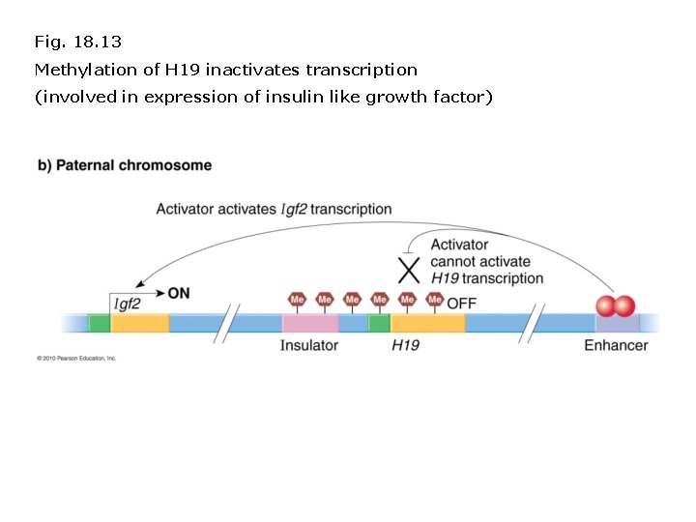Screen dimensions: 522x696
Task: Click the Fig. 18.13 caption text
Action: point(77,42)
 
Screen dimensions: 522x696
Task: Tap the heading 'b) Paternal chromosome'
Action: point(125,165)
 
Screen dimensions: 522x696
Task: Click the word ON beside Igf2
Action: point(179,292)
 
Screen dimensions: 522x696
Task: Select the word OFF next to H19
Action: point(461,303)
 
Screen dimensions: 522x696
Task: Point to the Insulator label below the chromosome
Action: point(309,345)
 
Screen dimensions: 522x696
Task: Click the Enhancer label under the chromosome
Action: point(616,345)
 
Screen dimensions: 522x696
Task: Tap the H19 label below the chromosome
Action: point(405,345)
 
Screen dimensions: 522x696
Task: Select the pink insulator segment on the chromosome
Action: point(310,323)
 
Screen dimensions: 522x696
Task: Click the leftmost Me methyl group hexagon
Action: point(298,300)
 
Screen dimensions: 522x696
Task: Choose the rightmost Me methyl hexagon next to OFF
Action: point(435,300)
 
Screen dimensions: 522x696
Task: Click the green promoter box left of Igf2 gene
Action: point(99,323)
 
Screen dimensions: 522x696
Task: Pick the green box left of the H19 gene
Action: point(379,323)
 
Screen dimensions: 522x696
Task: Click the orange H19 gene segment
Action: point(427,323)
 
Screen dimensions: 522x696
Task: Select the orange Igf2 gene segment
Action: point(139,323)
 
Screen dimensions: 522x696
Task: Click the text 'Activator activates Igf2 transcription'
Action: point(274,209)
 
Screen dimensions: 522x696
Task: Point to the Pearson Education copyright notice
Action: point(76,358)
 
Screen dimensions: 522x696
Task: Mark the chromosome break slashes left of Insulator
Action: point(230,323)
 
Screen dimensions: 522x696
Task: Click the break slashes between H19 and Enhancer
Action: point(530,323)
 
